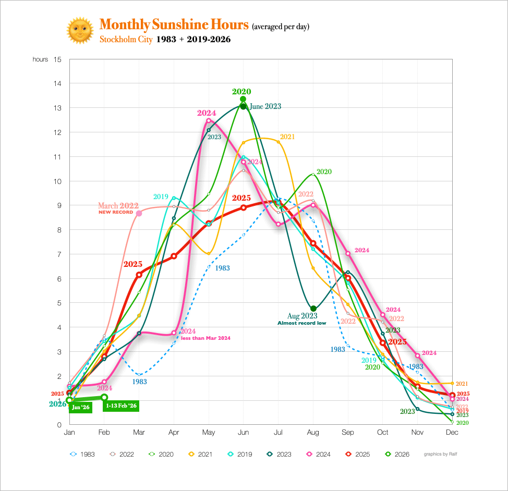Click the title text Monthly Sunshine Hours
coord(174,24)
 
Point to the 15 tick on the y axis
coord(57,59)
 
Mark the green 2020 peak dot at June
coord(243,99)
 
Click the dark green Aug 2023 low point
coord(313,309)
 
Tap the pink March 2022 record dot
coord(139,213)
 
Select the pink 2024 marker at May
coord(209,121)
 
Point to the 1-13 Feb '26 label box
coord(121,406)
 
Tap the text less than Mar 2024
coord(205,338)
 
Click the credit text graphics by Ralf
coord(440,454)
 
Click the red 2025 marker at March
coord(139,275)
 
